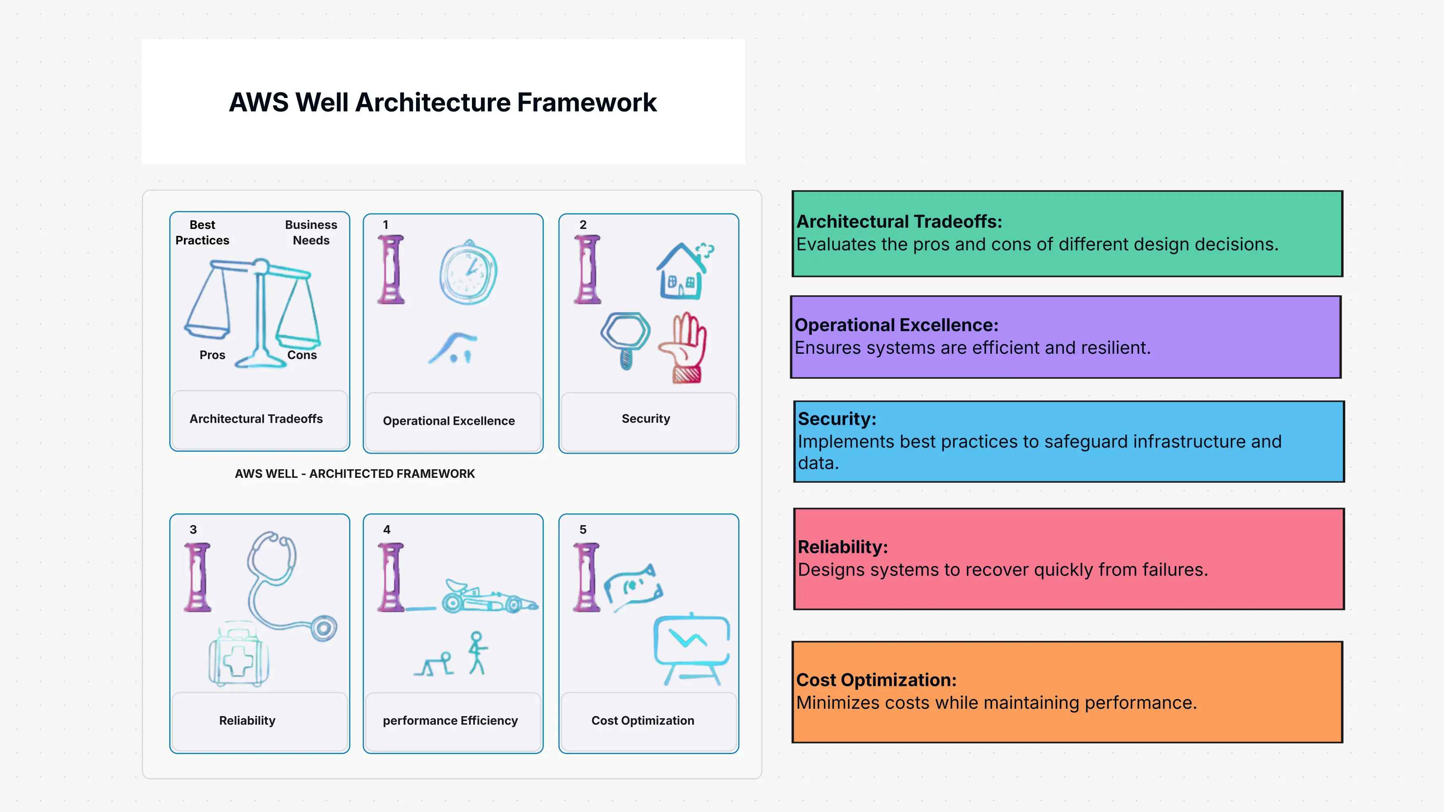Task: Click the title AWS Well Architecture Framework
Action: [x=442, y=102]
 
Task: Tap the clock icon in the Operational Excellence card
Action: [x=468, y=273]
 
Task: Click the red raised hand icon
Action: [x=684, y=348]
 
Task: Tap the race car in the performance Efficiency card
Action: [x=488, y=597]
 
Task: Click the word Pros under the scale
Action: [x=213, y=355]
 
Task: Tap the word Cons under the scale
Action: [x=302, y=355]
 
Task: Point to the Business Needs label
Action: [x=311, y=232]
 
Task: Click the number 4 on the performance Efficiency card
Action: [x=387, y=529]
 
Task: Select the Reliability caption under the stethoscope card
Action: [x=247, y=721]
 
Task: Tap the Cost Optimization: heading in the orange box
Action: [x=876, y=680]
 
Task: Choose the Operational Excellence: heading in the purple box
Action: [x=896, y=325]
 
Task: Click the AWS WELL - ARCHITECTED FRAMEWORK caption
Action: [x=355, y=474]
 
